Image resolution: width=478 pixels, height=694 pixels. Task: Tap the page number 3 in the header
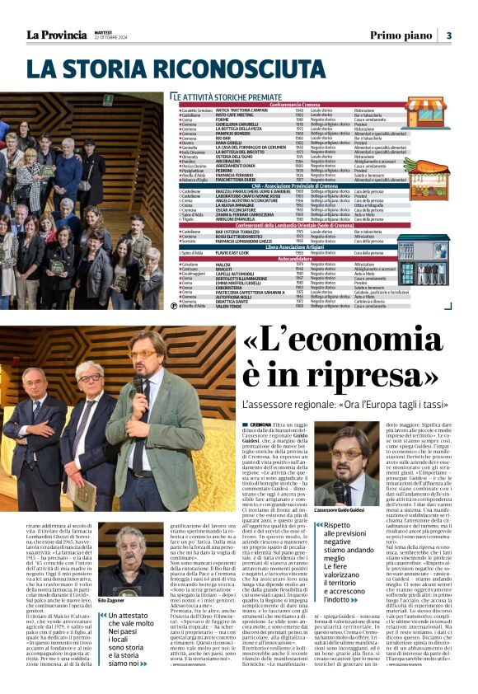tap(448, 35)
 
